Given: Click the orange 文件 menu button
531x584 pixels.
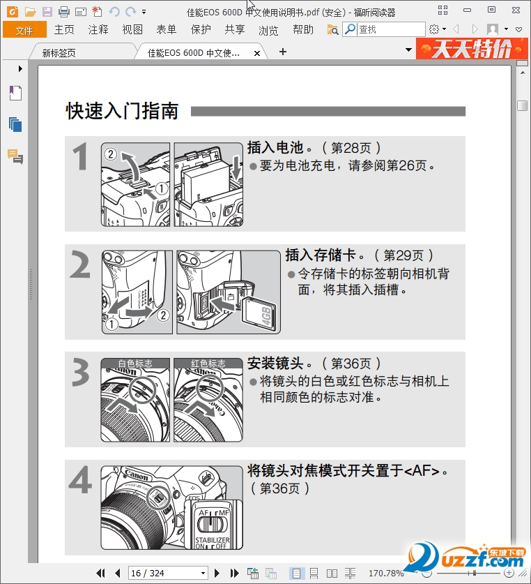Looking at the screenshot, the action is click(24, 29).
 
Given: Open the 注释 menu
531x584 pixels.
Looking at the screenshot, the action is click(98, 29).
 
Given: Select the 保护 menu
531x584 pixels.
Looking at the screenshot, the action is click(201, 29).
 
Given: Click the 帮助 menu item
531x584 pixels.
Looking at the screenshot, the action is click(303, 29).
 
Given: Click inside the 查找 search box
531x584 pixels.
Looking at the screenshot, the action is click(391, 29).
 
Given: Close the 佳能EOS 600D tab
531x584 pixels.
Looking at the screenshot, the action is click(256, 53).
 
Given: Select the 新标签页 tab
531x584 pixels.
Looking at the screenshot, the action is click(59, 53).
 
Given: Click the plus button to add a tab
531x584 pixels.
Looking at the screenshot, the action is click(283, 52).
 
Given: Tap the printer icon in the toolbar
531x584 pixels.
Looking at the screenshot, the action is click(64, 12).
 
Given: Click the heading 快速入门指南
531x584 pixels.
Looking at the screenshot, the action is click(122, 111).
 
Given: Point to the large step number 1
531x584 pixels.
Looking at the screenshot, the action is click(80, 156).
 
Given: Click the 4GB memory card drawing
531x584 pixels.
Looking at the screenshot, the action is click(259, 310).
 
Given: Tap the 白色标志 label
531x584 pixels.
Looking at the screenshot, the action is click(135, 363).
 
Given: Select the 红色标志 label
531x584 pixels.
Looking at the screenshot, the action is click(208, 363).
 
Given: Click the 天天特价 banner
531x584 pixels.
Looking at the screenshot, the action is click(472, 49).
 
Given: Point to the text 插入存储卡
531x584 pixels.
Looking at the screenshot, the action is click(321, 255).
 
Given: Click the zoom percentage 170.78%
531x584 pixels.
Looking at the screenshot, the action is click(386, 573).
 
